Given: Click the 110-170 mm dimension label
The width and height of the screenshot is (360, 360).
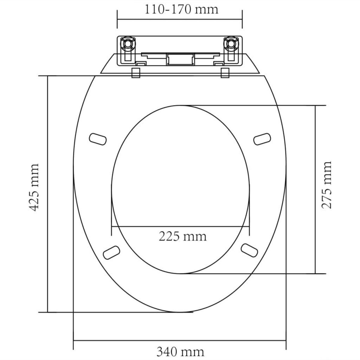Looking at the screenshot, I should tap(181, 10).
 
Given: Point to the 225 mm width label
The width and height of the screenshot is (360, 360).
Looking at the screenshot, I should tap(182, 236).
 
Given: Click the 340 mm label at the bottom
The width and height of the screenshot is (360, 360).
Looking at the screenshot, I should tap(180, 351).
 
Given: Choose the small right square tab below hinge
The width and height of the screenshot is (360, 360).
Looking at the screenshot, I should tap(225, 73).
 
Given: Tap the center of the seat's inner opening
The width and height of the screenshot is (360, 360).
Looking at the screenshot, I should tap(181, 190).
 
